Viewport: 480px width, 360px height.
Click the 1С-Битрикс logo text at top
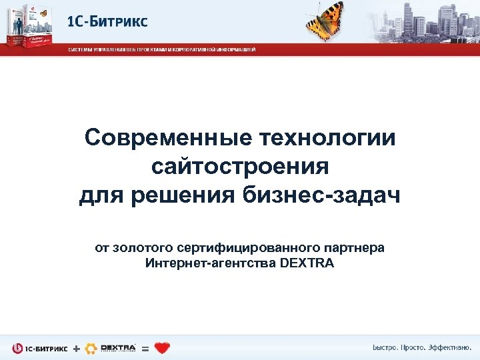(107, 21)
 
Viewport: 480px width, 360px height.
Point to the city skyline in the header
(427, 20)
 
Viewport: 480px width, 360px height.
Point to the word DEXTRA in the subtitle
(308, 263)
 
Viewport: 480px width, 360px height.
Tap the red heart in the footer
(162, 347)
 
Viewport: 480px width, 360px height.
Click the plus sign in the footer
(75, 348)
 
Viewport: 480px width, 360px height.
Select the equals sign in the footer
(145, 348)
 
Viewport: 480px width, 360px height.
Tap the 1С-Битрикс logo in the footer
(40, 348)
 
